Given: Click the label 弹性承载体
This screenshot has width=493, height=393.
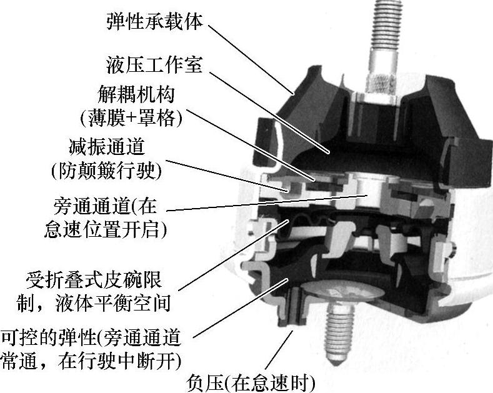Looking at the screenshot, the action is point(155,21).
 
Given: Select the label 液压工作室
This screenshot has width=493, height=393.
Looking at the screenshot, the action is point(154,65).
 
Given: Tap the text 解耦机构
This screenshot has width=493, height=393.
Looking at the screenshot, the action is point(136,94).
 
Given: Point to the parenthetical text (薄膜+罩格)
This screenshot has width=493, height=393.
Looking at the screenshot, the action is point(131,118).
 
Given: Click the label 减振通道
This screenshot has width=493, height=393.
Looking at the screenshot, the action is point(107,146).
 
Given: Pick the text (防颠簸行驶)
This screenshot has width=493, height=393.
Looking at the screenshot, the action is point(107,171).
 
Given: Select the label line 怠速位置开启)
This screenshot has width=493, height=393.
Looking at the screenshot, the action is point(106,229).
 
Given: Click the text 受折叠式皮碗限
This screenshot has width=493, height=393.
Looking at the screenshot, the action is point(94,281).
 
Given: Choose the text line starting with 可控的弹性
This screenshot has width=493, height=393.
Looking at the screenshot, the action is point(91,338).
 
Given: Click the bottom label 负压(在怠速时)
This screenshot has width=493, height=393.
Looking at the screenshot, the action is point(251,383).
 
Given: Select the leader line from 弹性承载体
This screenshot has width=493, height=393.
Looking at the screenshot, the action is point(251,59).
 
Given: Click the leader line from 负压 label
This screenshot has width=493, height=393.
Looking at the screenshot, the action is point(279,350).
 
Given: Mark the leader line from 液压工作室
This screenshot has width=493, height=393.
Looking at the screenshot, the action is point(269,112).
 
